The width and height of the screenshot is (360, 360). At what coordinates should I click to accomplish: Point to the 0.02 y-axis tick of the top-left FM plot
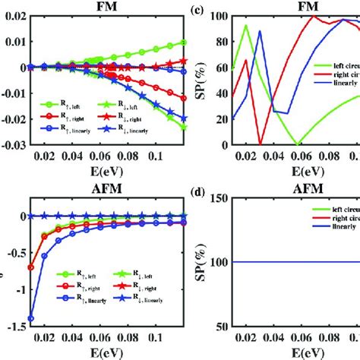click(13, 16)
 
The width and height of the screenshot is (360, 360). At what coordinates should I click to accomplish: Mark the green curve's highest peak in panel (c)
click(246, 26)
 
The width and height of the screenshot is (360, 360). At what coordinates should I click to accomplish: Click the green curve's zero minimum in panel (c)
click(297, 144)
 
